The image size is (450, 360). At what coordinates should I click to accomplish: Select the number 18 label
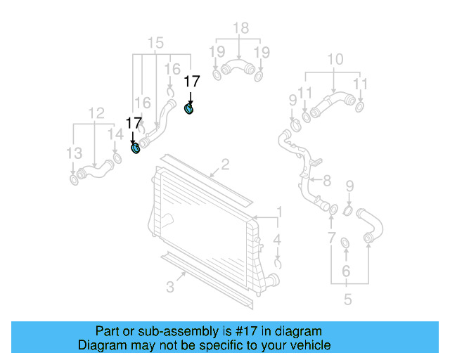point(240,29)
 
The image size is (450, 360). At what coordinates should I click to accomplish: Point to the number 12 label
point(96,112)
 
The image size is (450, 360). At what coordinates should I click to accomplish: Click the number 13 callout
point(74,153)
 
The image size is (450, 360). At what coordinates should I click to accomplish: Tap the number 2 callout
point(225,165)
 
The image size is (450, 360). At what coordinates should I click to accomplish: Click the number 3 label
point(170,286)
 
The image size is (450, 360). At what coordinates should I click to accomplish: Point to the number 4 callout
point(278,240)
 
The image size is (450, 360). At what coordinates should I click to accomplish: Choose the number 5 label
point(347,300)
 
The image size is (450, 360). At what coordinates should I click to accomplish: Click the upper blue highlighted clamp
point(189,108)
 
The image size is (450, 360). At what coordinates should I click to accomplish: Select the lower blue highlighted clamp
point(136,148)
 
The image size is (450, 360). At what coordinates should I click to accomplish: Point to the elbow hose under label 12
point(94,169)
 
